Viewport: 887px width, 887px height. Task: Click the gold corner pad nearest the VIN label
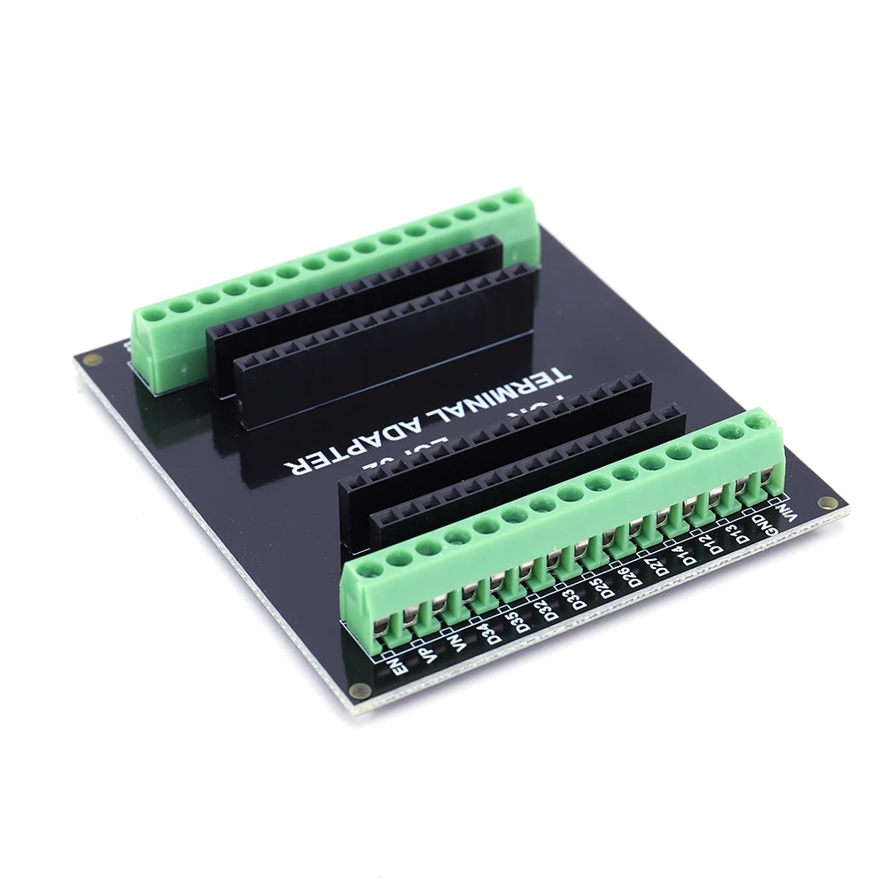click(829, 502)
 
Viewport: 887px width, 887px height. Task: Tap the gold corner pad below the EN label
click(360, 690)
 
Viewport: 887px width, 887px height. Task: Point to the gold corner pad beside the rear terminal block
click(91, 360)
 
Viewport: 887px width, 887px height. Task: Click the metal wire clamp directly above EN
click(382, 625)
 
